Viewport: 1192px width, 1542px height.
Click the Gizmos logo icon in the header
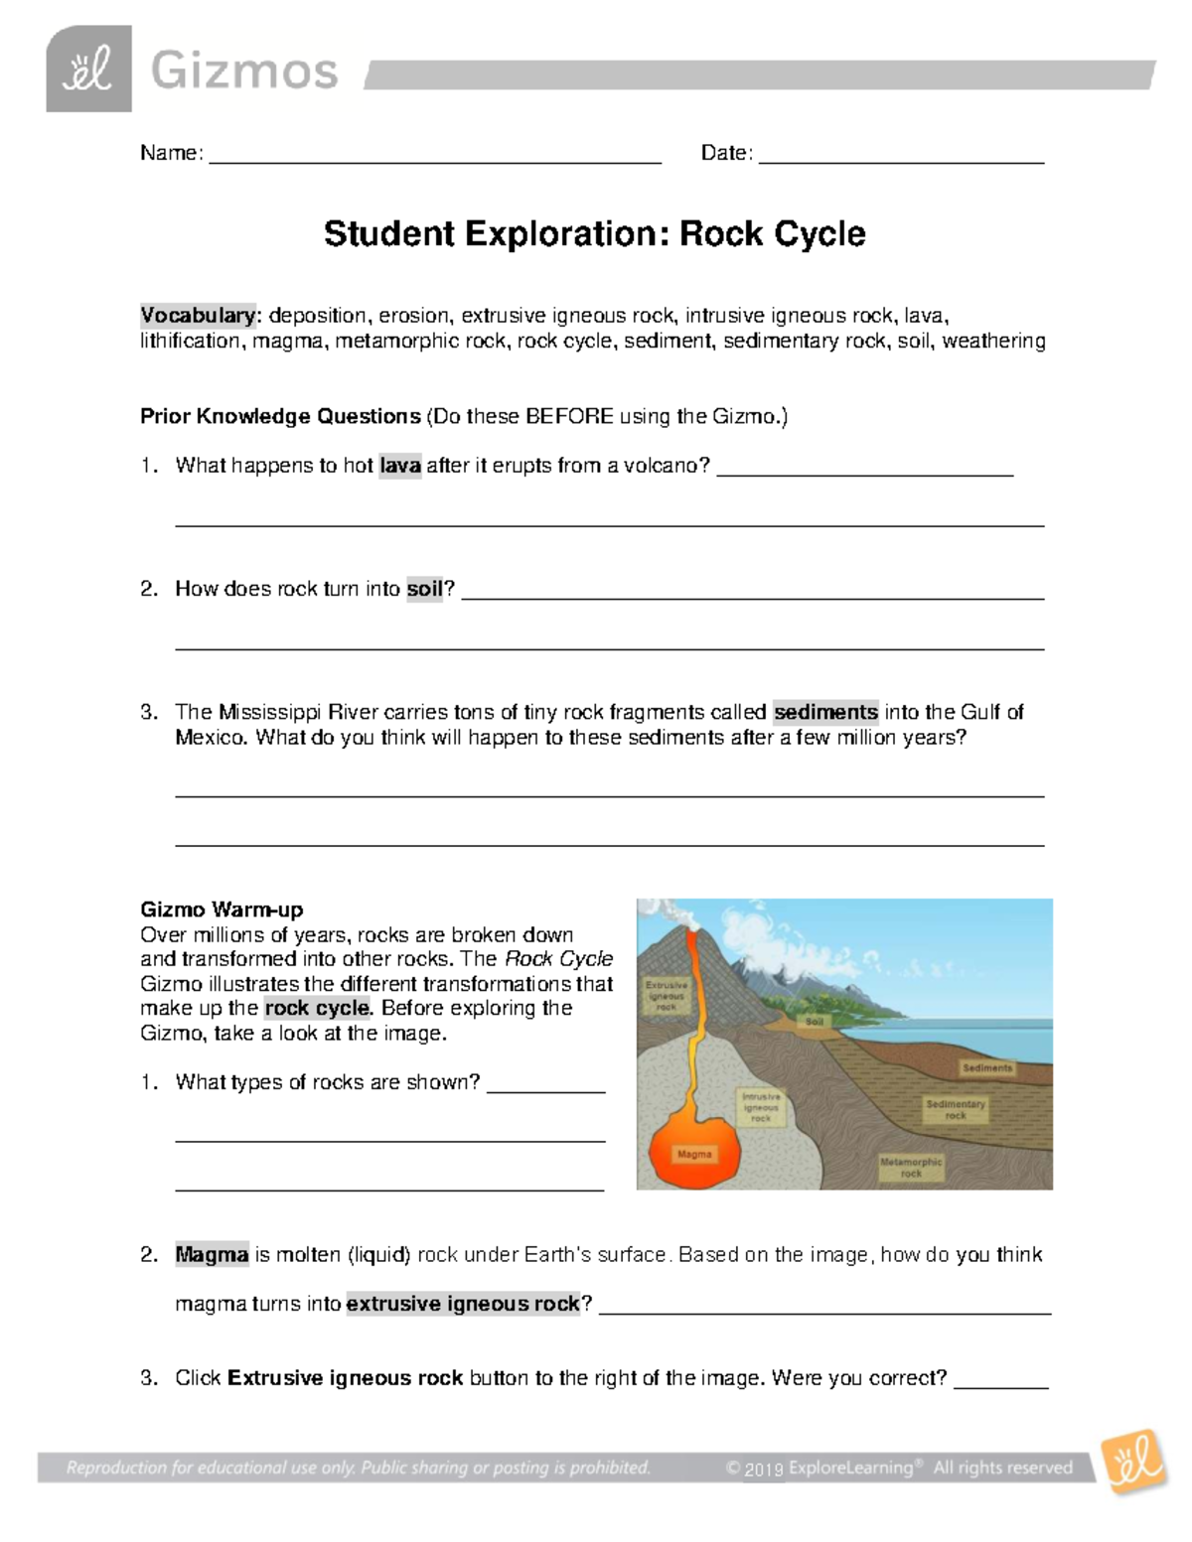point(88,70)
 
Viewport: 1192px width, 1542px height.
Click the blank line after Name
point(434,159)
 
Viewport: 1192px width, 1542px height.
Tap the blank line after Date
point(901,159)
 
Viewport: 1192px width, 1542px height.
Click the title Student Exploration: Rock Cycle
point(594,234)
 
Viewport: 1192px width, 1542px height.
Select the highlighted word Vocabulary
point(198,316)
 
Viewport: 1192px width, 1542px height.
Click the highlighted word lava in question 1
point(400,466)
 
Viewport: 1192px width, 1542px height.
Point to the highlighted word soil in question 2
point(424,589)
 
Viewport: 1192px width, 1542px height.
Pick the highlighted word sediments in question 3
point(825,712)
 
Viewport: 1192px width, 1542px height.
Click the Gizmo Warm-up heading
point(222,910)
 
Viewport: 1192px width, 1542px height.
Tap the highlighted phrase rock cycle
point(317,1008)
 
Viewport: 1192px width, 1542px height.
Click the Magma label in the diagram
point(694,1154)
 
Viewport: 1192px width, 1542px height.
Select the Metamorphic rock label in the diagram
point(911,1167)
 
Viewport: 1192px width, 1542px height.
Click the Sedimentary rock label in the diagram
point(956,1109)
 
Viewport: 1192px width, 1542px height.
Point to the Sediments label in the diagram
point(986,1068)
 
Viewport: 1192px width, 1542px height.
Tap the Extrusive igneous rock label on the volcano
point(667,996)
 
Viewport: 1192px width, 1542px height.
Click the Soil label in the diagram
point(815,1021)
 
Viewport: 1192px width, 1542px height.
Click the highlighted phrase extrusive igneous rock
point(463,1304)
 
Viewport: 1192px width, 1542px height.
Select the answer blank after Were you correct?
point(1000,1384)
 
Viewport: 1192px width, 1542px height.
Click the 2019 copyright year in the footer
point(763,1470)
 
